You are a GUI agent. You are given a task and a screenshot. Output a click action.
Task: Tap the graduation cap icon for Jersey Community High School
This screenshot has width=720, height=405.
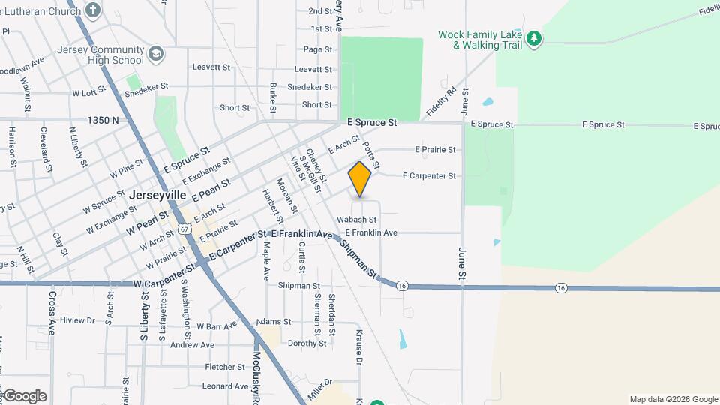pos(155,54)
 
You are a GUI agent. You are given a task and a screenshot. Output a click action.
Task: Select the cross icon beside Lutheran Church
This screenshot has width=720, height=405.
pos(92,10)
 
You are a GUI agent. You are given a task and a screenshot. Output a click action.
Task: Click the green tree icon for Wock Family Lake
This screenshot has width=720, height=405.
pos(533,38)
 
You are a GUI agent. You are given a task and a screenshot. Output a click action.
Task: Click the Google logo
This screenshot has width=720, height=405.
pos(25,395)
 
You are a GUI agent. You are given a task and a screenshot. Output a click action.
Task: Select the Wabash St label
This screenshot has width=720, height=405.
pos(356,220)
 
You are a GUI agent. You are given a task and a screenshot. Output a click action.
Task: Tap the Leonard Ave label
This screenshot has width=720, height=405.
pos(225,386)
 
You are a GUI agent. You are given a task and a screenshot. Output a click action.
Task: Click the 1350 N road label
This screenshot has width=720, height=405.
pos(103,120)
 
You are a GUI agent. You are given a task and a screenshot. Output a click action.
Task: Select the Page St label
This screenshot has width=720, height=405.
pos(318,49)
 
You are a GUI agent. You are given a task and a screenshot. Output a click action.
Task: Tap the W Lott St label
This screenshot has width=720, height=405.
pos(90,93)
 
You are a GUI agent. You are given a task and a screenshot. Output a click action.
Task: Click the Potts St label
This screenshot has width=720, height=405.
pos(371,155)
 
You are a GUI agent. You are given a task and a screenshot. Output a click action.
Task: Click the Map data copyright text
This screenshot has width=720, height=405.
pos(673,399)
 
